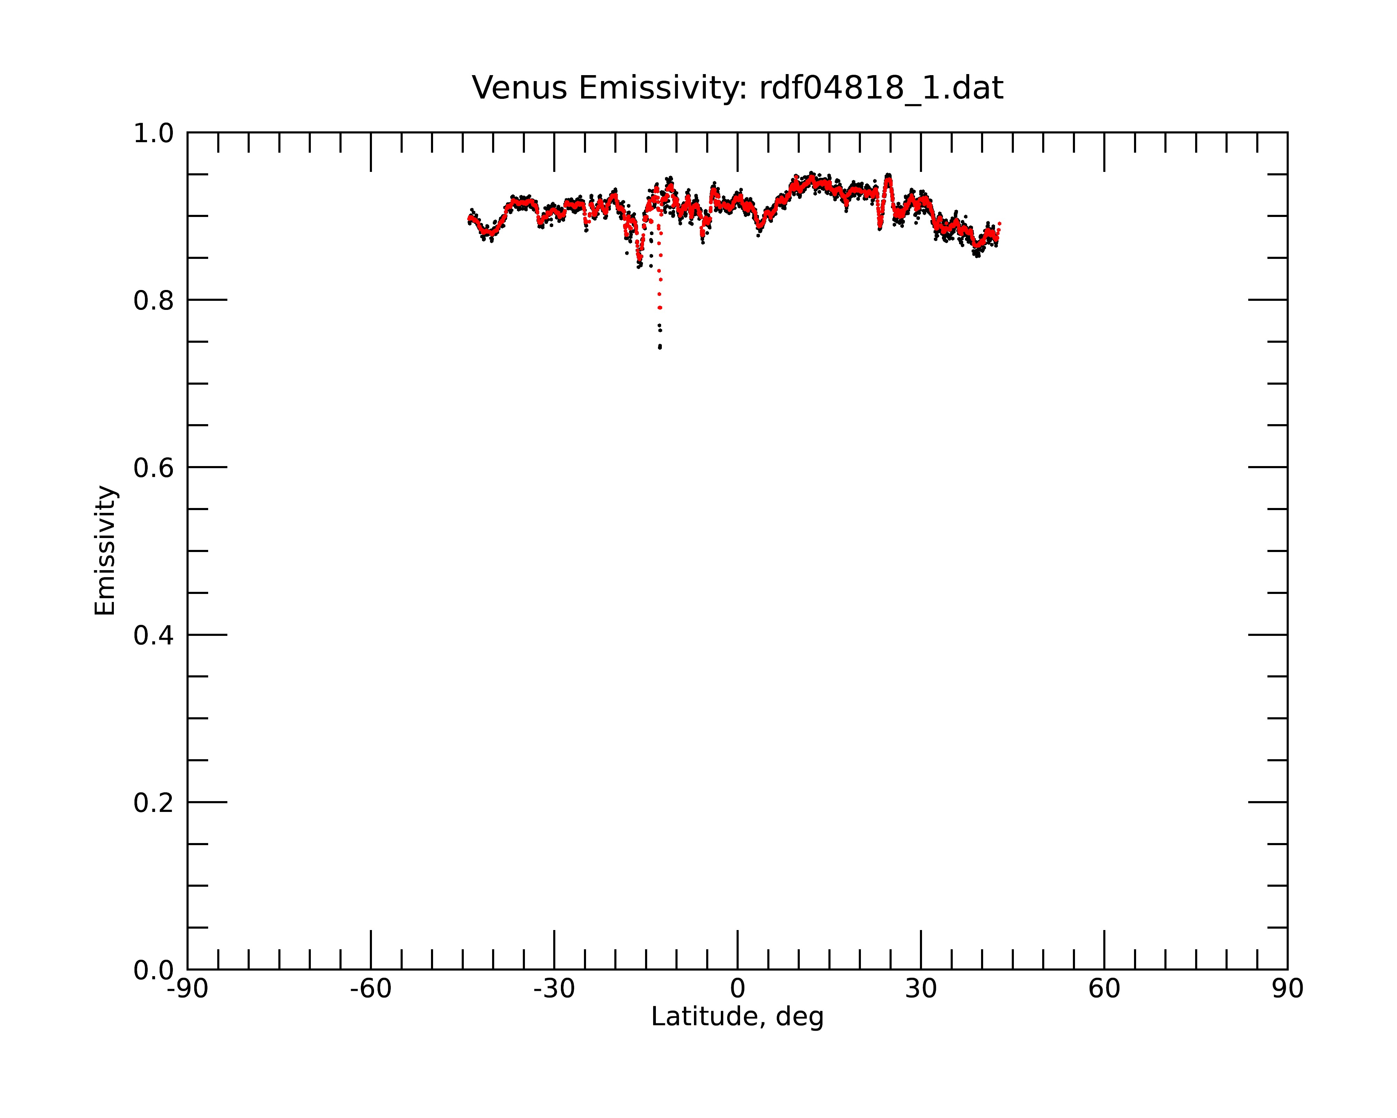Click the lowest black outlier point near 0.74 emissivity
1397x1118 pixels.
point(660,347)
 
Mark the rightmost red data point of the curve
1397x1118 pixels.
point(1000,223)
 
